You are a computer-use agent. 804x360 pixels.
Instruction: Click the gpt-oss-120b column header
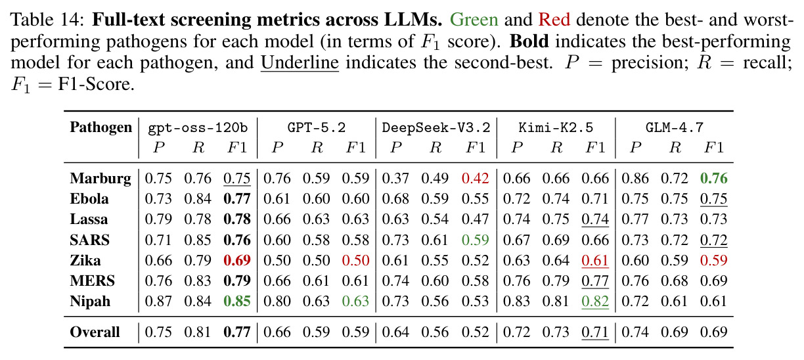(x=198, y=128)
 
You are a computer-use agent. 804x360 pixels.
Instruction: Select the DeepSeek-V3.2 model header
(x=436, y=127)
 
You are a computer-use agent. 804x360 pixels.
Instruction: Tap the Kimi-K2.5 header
(x=556, y=127)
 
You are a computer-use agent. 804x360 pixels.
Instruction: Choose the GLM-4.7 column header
(x=675, y=127)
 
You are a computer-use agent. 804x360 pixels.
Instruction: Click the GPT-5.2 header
(x=316, y=127)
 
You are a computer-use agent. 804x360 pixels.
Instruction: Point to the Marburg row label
(x=100, y=179)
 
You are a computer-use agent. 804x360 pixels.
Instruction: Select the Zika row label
(x=85, y=260)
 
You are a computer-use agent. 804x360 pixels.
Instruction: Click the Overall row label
(x=95, y=332)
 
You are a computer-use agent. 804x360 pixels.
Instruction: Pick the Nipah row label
(x=90, y=302)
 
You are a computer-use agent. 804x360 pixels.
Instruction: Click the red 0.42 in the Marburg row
(x=475, y=179)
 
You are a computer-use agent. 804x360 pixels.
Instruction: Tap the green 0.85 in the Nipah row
(x=237, y=301)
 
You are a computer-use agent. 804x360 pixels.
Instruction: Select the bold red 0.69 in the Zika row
(x=237, y=260)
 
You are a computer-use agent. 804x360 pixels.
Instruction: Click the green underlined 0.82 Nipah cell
(x=595, y=302)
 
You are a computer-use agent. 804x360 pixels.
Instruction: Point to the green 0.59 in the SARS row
(x=475, y=240)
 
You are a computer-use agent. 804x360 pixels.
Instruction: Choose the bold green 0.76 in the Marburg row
(x=713, y=179)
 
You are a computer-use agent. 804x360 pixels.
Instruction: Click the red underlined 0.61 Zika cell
(x=595, y=261)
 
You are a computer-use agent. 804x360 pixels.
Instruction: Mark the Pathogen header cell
(x=101, y=127)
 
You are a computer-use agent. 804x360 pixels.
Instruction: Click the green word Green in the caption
(x=474, y=20)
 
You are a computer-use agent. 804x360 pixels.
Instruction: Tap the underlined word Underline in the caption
(x=300, y=63)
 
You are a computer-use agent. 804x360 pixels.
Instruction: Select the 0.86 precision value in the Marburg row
(x=635, y=179)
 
